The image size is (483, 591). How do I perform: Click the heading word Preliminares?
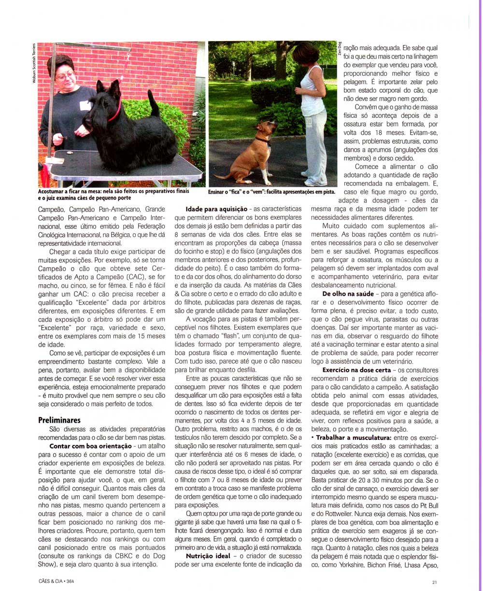pos(59,420)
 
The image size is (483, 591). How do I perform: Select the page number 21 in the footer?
pos(435,582)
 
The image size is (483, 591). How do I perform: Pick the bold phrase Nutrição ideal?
pos(209,556)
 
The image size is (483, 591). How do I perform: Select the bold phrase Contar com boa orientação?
pos(91,446)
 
